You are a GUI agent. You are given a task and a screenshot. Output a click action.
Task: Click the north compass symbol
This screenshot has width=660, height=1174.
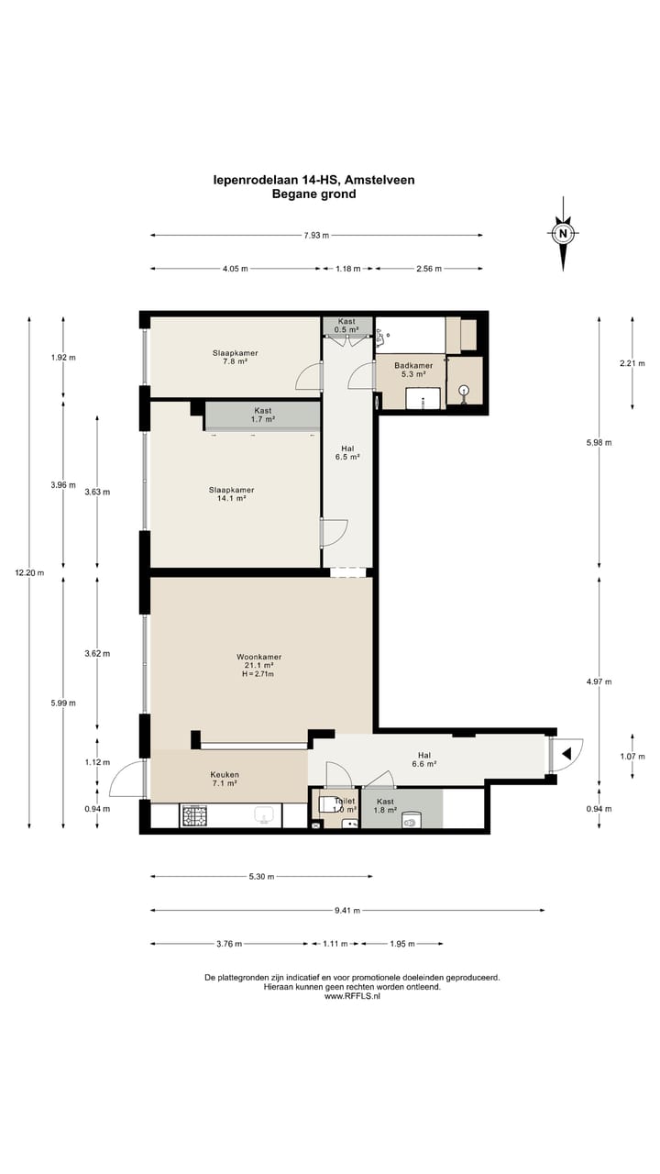(563, 234)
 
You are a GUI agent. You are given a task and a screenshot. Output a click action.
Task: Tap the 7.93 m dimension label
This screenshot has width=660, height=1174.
(316, 236)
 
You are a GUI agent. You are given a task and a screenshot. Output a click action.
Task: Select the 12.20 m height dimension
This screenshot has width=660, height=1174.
(29, 573)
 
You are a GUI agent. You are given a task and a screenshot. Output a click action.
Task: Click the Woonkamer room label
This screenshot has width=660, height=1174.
(258, 657)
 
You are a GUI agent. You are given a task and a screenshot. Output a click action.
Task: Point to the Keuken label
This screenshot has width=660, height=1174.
(225, 775)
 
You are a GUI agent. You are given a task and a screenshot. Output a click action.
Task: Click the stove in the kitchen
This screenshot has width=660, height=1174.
(194, 816)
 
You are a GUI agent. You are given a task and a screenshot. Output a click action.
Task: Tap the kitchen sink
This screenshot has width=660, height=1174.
(265, 815)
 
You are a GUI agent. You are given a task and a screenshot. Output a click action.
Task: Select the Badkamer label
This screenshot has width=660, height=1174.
(413, 365)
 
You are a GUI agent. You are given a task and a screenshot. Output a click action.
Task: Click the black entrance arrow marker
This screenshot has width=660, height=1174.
(566, 754)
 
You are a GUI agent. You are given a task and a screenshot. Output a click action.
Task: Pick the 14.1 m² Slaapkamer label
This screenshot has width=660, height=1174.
(232, 494)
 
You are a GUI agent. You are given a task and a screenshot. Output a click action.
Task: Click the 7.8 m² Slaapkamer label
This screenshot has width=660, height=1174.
(236, 357)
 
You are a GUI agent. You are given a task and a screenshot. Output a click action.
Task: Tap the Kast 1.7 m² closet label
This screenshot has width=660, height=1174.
(263, 415)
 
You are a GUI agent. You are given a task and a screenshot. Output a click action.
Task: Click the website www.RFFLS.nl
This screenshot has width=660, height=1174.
(352, 996)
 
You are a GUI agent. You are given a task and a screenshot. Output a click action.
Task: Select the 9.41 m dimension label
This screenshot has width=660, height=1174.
(347, 911)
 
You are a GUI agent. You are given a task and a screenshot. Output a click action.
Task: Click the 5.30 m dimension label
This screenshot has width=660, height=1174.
(261, 876)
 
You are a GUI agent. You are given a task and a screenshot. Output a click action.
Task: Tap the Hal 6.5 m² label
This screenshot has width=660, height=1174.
(347, 452)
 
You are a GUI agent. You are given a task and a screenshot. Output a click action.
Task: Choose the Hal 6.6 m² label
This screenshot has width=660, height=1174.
(424, 759)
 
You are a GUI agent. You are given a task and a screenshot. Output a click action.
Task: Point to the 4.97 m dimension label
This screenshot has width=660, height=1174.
(599, 681)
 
